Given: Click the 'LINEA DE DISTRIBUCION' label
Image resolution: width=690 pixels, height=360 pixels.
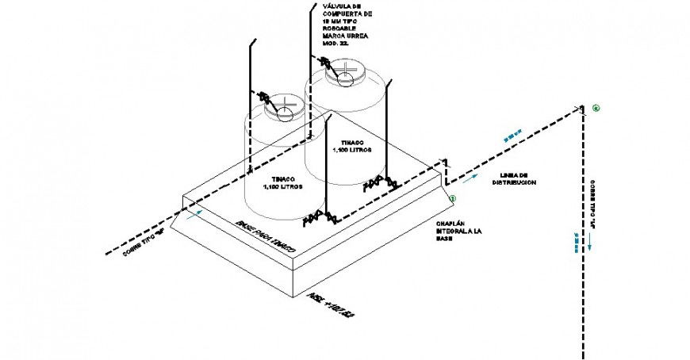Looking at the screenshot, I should (514, 178).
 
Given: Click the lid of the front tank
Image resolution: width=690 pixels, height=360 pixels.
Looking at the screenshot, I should (283, 106).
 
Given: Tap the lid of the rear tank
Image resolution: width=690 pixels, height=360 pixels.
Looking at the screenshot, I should (347, 76).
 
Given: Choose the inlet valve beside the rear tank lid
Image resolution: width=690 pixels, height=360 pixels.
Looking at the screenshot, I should (325, 62).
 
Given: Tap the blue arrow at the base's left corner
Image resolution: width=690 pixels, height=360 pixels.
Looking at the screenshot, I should (196, 213).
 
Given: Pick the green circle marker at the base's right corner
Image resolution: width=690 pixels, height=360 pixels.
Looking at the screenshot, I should (453, 199).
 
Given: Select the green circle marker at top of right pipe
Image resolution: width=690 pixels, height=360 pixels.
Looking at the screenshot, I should (596, 108).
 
